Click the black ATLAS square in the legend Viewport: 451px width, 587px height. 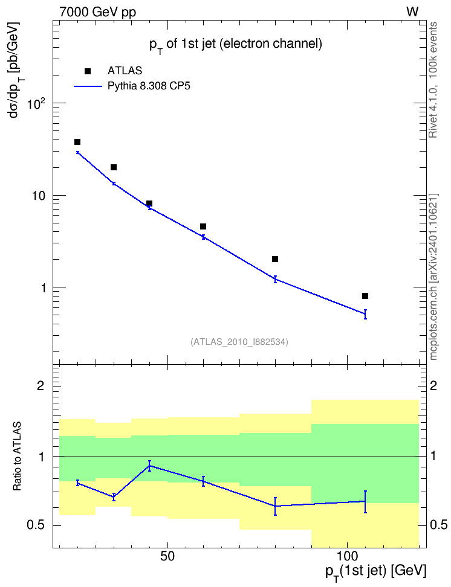(x=87, y=71)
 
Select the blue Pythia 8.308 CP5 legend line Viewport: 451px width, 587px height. (x=88, y=86)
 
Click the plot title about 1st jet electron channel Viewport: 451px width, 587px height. (x=235, y=45)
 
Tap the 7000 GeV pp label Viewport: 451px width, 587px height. (x=97, y=12)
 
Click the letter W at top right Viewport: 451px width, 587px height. (x=412, y=12)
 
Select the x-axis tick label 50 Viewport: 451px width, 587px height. (x=167, y=556)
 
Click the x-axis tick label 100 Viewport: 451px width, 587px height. (x=347, y=556)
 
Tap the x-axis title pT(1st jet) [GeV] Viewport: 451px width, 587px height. (x=375, y=572)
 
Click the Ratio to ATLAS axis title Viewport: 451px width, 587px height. (x=17, y=457)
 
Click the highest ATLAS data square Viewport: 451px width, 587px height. (x=77, y=142)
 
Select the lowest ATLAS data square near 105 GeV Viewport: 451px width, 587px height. (x=365, y=296)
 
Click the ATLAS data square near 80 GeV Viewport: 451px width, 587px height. (x=275, y=259)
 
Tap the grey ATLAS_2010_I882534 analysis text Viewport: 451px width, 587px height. (x=239, y=342)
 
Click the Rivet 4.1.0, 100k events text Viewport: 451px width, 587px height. (x=433, y=80)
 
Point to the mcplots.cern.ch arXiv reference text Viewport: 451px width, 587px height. (x=433, y=277)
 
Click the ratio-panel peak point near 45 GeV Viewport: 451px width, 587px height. (x=149, y=466)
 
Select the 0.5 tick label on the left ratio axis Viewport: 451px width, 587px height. (x=36, y=525)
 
